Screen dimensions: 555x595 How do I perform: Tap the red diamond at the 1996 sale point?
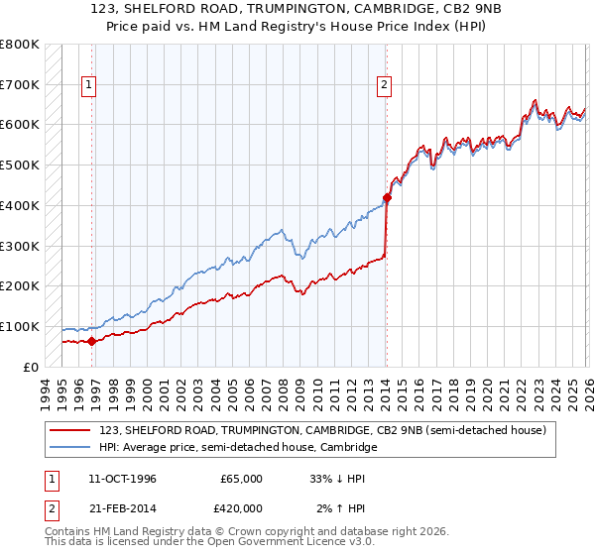point(92,341)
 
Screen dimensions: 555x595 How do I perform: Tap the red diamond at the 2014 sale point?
point(387,197)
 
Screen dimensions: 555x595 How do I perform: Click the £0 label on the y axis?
point(31,367)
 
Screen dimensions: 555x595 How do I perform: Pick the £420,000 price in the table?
point(242,508)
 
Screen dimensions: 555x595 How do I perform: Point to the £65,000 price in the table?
point(242,479)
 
